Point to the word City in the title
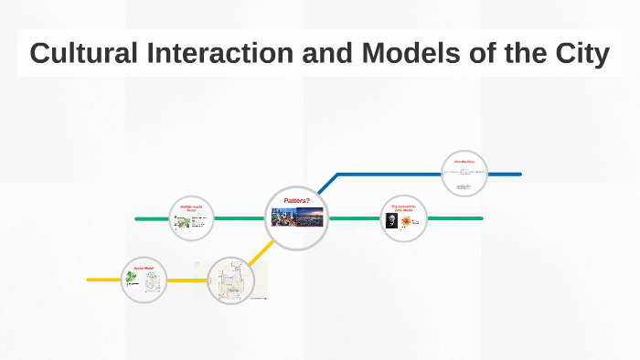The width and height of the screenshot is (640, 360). [x=576, y=54]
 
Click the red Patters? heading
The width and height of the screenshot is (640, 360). [x=296, y=200]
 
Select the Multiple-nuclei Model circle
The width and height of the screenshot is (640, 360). [x=192, y=219]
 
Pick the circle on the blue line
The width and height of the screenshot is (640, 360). [x=464, y=174]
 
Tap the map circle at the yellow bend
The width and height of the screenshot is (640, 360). [x=229, y=280]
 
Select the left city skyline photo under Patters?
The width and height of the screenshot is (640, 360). [x=283, y=217]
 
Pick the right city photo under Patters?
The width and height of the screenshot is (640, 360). [x=311, y=217]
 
